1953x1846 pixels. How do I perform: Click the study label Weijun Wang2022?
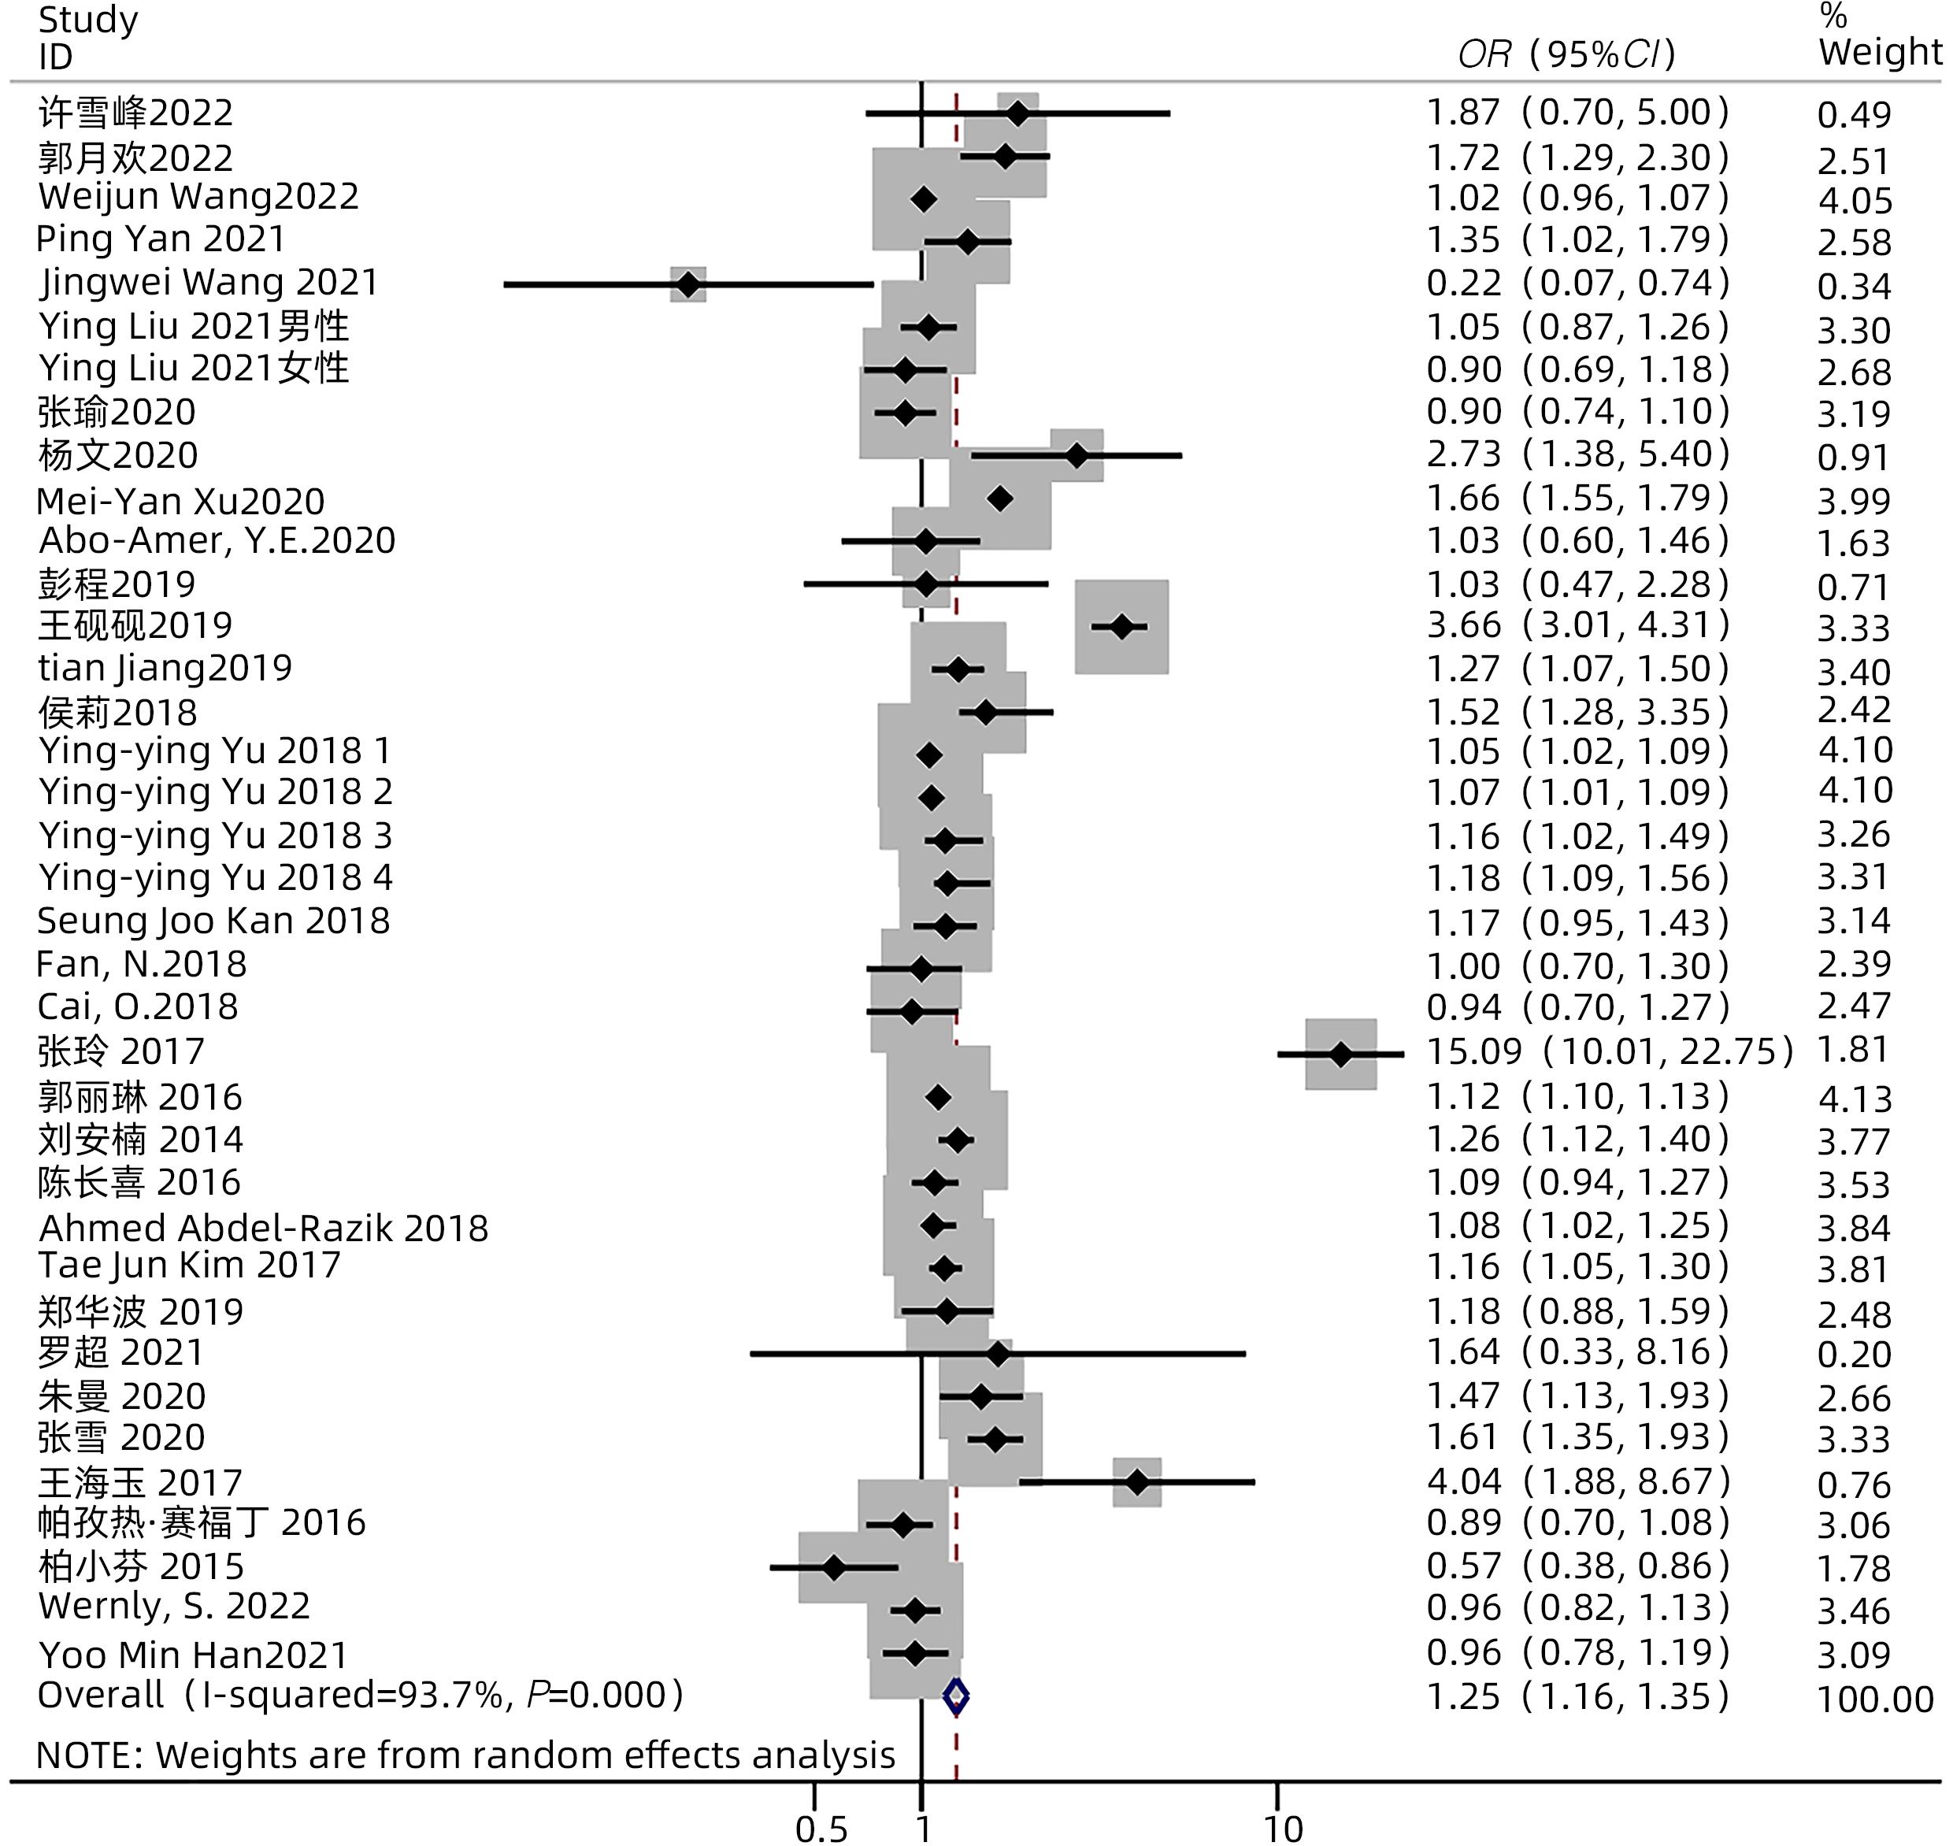(x=198, y=197)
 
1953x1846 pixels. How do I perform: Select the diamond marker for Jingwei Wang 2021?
(x=687, y=285)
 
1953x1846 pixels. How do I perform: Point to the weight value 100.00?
(x=1874, y=1700)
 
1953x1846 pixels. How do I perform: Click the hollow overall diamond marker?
(x=955, y=1696)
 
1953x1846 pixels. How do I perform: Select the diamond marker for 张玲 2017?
(x=1340, y=1054)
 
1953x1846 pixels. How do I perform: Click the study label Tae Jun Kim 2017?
(x=189, y=1266)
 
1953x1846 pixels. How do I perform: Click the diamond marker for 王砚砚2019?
(x=1121, y=627)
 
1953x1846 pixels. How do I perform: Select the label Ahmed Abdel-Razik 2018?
(x=263, y=1228)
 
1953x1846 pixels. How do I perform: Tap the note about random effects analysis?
(x=465, y=1755)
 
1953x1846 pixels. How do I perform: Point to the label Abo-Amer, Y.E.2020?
(x=217, y=540)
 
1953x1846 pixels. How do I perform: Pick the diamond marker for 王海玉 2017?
(x=1136, y=1482)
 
